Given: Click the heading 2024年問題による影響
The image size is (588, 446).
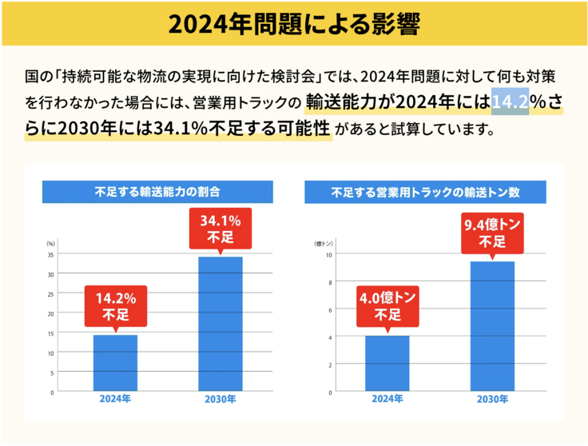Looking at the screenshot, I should [x=293, y=23].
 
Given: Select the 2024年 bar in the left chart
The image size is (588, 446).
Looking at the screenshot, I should [x=115, y=363].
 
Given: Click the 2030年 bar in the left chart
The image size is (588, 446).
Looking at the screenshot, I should [x=220, y=324].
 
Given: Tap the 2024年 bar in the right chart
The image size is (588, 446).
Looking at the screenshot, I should [x=387, y=364].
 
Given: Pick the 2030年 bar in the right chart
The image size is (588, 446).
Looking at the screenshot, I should [x=492, y=326].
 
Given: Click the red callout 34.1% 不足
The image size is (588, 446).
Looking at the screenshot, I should [x=220, y=228].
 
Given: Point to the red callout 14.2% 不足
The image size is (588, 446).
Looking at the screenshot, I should [x=115, y=306].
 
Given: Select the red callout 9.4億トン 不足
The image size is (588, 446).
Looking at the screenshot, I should [x=492, y=233].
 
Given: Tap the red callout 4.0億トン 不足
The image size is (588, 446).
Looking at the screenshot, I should [x=387, y=306].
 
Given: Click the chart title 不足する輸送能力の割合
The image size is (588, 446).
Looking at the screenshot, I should [x=157, y=192].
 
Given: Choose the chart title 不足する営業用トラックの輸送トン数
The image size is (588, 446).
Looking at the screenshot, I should [x=426, y=192].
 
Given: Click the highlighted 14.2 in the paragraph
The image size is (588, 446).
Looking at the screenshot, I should [x=509, y=102].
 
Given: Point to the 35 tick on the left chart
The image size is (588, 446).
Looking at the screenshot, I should [x=50, y=255].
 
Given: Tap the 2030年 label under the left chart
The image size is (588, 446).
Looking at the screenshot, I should [x=220, y=399].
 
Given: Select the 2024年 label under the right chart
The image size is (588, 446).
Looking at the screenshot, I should [x=387, y=399].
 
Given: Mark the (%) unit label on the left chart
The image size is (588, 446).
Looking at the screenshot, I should [x=50, y=242].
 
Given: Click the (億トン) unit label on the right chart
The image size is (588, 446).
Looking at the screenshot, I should [x=324, y=242].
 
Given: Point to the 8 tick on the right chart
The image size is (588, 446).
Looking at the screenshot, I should [x=329, y=282].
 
